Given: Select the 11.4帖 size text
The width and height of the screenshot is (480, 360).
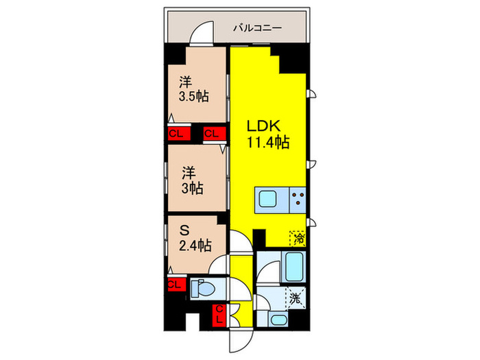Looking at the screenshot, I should coord(267,144).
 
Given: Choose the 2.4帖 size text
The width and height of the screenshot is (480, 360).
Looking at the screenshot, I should coord(195,245).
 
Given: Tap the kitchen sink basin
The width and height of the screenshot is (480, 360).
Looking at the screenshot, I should coord(268,202).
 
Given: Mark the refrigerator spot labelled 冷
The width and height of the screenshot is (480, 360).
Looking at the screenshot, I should coord(298,238).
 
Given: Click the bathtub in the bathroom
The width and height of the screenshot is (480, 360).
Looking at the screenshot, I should coord(296,268).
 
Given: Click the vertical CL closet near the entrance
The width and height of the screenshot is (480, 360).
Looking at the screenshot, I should coord(220,316).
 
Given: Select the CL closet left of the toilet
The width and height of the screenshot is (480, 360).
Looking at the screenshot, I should coord(174,284).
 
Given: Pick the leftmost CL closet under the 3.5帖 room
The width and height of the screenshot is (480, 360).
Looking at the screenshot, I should coord(176,134).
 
